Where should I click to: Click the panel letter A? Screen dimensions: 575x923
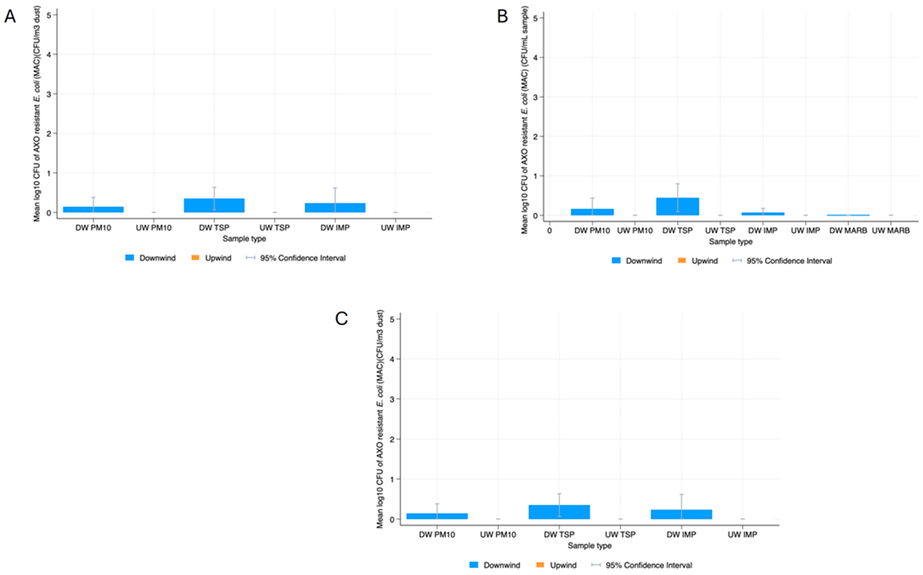(10, 17)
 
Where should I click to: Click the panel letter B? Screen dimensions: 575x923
(502, 17)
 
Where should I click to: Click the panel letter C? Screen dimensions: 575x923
(341, 319)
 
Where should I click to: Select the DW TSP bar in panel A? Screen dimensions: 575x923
(214, 206)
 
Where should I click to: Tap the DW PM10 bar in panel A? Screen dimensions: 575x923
(93, 209)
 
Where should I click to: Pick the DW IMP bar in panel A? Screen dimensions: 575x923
(335, 208)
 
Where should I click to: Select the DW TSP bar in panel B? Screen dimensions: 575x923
(677, 207)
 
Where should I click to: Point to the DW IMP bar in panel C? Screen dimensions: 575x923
(681, 514)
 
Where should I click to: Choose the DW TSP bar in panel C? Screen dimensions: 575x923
(559, 512)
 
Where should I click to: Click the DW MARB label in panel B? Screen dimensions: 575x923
(848, 230)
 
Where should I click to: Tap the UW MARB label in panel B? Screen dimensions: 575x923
(891, 230)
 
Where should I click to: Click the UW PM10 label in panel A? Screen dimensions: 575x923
(154, 228)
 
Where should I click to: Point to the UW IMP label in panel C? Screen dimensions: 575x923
(742, 535)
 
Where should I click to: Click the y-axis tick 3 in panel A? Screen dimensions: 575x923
(49, 94)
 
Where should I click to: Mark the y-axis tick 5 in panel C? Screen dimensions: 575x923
(392, 319)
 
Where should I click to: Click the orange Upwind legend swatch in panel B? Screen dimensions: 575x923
(682, 261)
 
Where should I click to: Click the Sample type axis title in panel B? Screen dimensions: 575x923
(730, 242)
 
